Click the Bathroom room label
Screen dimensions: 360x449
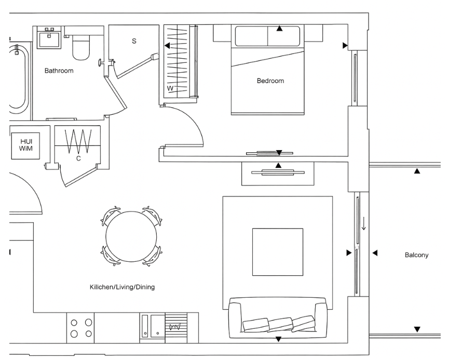click(x=59, y=71)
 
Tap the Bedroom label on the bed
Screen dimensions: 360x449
click(x=270, y=81)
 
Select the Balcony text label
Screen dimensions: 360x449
click(x=416, y=255)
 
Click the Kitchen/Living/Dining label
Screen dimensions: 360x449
click(x=122, y=287)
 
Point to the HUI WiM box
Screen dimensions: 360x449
click(x=25, y=145)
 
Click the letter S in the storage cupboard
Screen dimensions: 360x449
click(x=134, y=41)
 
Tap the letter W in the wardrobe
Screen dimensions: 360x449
click(x=169, y=88)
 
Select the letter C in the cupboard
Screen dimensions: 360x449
click(x=78, y=158)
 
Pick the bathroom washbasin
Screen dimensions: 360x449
click(x=50, y=37)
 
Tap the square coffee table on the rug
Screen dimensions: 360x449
click(x=277, y=252)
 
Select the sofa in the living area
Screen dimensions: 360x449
click(x=278, y=316)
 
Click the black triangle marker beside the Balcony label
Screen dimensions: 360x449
click(x=375, y=253)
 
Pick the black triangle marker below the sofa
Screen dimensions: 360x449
click(x=278, y=339)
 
